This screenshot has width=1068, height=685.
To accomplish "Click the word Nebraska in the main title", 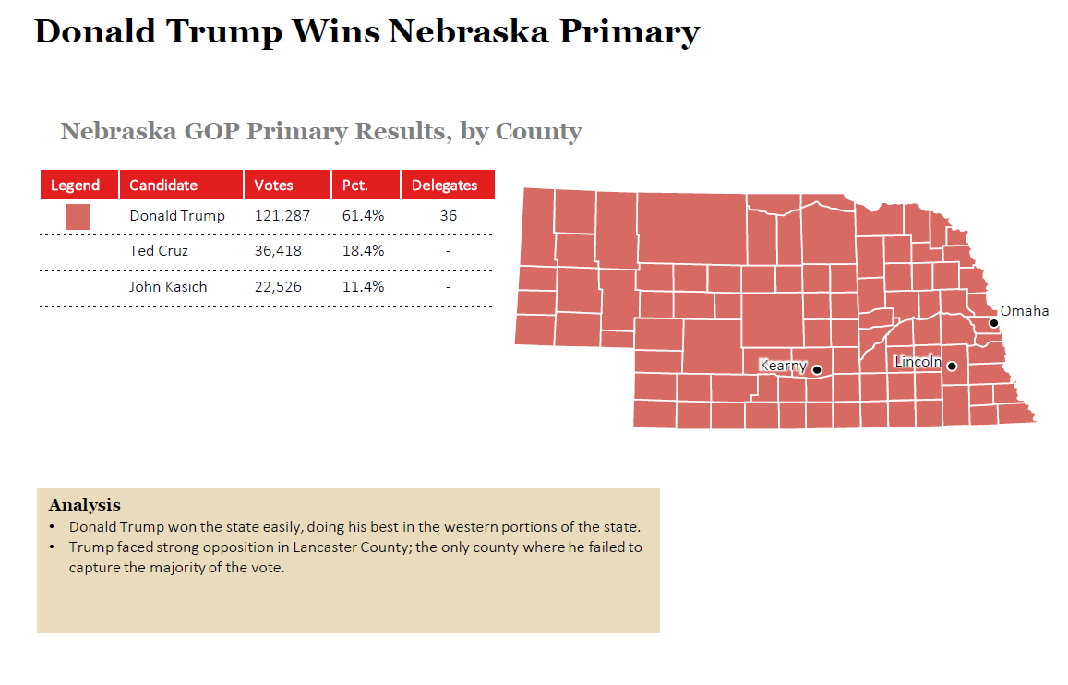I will click(467, 32).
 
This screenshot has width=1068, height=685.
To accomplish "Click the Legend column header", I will click(75, 185).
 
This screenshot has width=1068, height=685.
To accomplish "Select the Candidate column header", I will click(163, 185).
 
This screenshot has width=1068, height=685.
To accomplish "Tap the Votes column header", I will click(273, 185).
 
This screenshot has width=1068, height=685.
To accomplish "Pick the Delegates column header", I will click(444, 185).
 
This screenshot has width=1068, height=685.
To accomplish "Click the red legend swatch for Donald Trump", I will click(78, 217).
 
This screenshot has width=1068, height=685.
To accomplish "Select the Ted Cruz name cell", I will click(159, 251).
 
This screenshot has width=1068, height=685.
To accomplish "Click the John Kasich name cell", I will click(168, 287).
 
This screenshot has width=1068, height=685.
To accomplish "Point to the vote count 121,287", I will click(282, 216).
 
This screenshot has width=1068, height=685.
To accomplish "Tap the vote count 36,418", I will click(278, 251).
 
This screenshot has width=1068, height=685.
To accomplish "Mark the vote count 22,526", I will click(278, 287).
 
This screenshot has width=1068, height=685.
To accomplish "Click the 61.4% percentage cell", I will click(363, 216).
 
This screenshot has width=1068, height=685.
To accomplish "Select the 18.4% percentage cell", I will click(363, 251).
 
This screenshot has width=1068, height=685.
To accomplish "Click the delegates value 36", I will click(448, 216).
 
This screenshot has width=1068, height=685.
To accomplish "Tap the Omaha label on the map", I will click(1025, 311).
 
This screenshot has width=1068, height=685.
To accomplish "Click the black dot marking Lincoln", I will click(952, 367).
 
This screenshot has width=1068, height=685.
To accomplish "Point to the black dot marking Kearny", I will click(817, 370).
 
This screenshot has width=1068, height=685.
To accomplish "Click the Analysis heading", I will click(84, 505).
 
